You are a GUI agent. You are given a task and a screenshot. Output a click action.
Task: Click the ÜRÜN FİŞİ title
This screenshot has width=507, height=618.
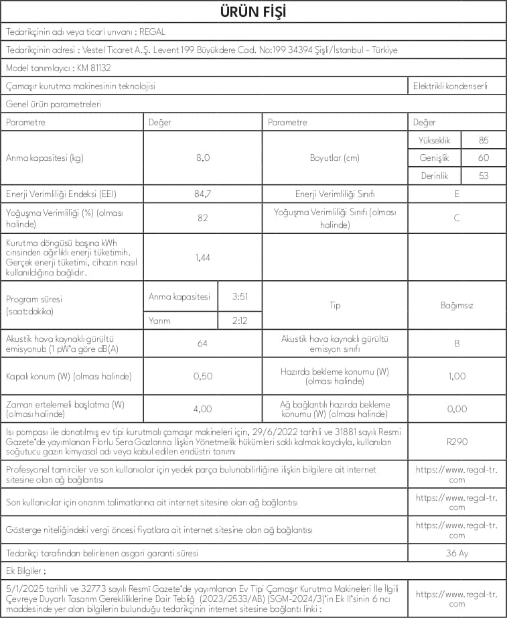(x=253, y=13)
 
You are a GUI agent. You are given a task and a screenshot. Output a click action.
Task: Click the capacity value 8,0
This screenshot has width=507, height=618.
(x=202, y=158)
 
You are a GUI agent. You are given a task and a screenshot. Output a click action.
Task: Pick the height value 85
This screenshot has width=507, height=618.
(x=484, y=140)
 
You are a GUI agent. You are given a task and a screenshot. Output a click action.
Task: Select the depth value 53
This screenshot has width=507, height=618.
(x=484, y=176)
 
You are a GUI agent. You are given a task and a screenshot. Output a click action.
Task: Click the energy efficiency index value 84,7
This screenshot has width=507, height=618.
(x=202, y=194)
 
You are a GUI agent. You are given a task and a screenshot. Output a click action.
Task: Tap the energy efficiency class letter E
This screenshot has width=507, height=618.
(x=457, y=194)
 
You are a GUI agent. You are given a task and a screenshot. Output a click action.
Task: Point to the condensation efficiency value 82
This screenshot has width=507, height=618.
(x=202, y=218)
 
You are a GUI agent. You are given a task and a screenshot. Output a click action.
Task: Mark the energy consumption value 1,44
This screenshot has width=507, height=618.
(x=202, y=257)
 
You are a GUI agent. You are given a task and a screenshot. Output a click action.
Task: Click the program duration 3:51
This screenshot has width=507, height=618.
(x=240, y=296)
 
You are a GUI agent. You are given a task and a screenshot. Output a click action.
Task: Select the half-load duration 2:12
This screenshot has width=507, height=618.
(x=240, y=320)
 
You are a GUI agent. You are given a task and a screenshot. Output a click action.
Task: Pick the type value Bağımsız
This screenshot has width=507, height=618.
(x=457, y=306)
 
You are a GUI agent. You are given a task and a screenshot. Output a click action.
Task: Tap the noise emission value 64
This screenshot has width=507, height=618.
(x=202, y=343)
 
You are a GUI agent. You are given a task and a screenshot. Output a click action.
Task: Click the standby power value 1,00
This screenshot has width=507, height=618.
(x=457, y=376)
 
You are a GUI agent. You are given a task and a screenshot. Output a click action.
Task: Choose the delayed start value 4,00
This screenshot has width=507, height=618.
(x=202, y=408)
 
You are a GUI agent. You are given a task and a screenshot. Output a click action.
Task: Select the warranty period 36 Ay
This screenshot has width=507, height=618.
(x=457, y=553)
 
